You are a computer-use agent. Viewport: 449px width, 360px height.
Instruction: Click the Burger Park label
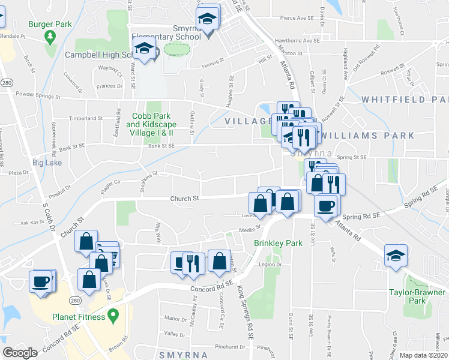coord(50,24)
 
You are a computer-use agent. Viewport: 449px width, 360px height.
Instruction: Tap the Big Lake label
coord(47,163)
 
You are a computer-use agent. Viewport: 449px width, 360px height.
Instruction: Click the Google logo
coord(20,352)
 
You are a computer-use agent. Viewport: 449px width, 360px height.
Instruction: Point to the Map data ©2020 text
coord(424,355)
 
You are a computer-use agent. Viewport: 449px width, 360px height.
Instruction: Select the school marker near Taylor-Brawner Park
coord(396,255)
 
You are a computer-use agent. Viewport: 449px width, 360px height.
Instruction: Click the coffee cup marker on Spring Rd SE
coord(325,207)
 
